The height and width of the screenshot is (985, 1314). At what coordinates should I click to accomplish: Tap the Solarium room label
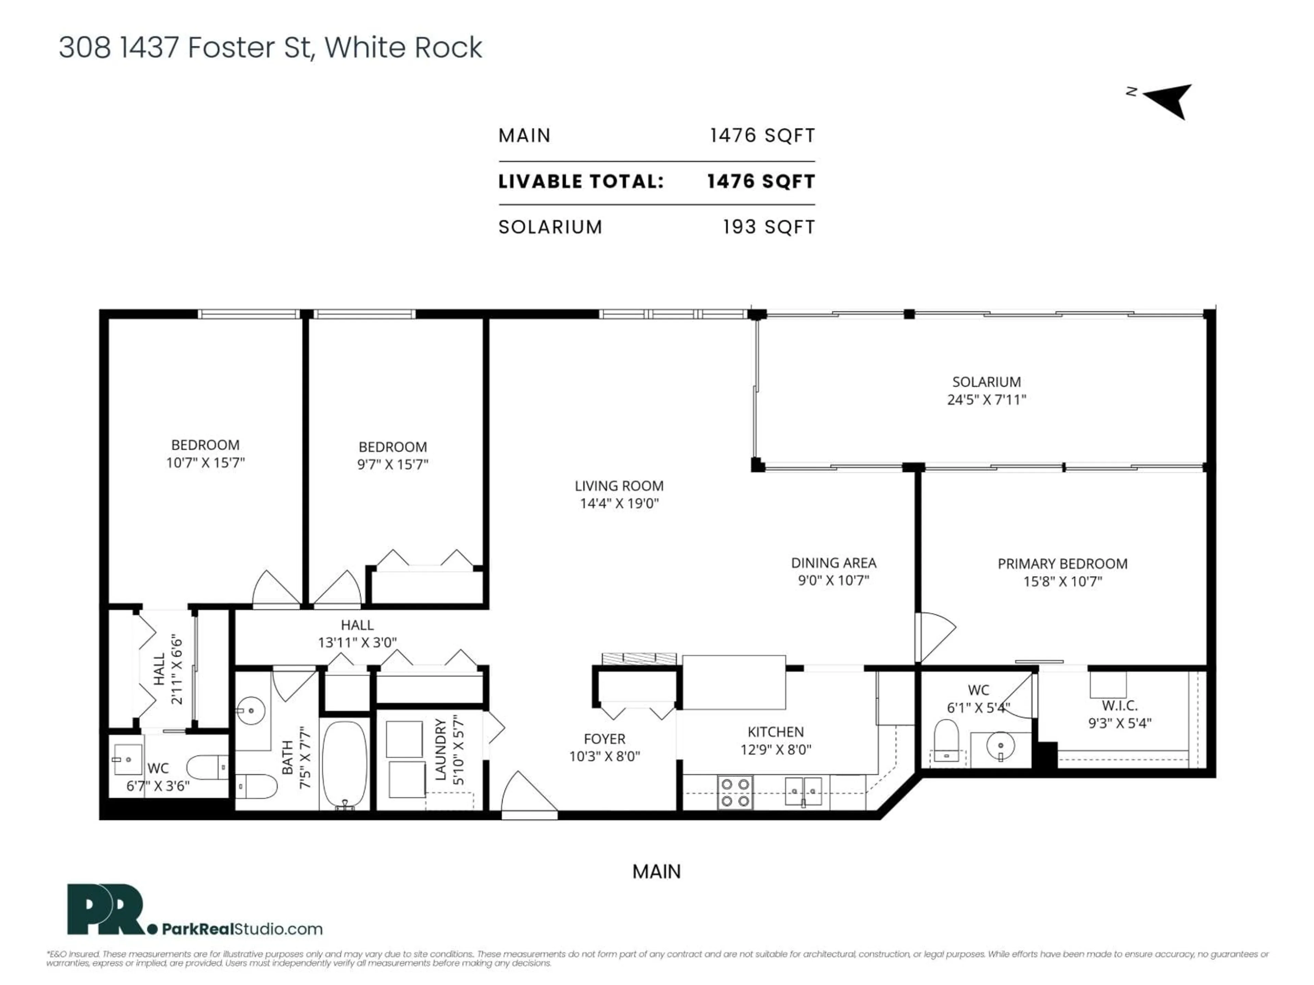pyautogui.click(x=986, y=382)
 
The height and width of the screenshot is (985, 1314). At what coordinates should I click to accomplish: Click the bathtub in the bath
pyautogui.click(x=345, y=763)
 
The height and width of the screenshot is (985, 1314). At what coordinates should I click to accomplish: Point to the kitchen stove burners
pyautogui.click(x=734, y=793)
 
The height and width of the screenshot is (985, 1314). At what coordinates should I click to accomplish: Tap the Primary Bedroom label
pyautogui.click(x=1062, y=563)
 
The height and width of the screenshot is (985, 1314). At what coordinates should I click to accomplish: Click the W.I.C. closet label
pyautogui.click(x=1119, y=705)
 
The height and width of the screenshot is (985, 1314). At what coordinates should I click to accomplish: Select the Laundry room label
pyautogui.click(x=440, y=749)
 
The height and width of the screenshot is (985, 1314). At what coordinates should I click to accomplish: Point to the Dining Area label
pyautogui.click(x=834, y=562)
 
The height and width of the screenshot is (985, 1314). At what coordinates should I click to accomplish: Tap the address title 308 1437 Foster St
pyautogui.click(x=270, y=48)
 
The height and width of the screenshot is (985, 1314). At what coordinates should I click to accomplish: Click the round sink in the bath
pyautogui.click(x=251, y=710)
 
